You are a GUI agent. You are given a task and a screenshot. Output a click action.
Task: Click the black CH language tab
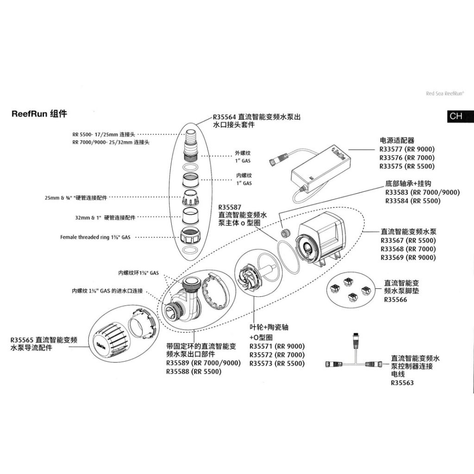[456, 116]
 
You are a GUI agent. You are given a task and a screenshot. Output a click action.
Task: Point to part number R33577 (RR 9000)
[407, 149]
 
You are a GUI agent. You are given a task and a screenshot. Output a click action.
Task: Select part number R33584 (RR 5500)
[413, 201]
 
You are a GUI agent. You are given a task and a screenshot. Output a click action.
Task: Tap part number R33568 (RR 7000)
[408, 249]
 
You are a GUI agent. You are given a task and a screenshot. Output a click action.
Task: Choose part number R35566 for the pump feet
[396, 300]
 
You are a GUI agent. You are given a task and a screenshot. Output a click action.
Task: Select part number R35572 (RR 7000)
[277, 355]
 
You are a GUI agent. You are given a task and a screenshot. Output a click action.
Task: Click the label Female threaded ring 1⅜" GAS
[95, 237]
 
